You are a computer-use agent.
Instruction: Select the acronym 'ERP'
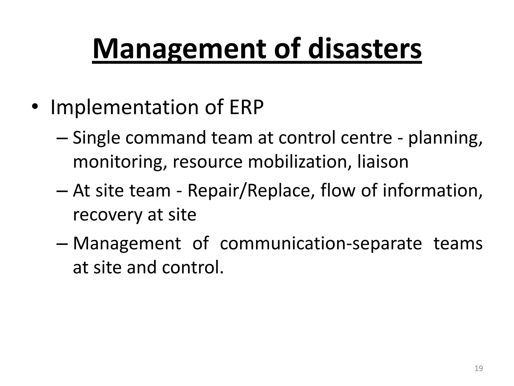coord(246,107)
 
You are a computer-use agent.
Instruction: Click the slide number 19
coord(479,368)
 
